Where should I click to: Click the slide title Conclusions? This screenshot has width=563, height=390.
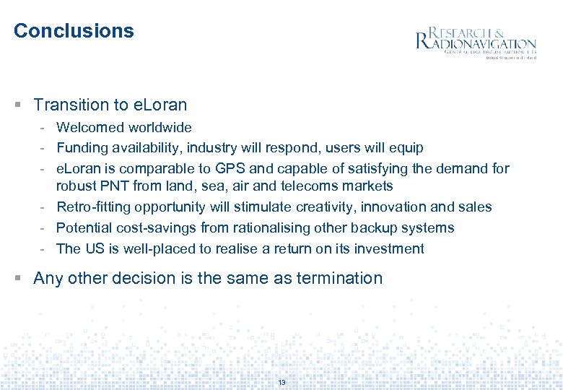pyautogui.click(x=74, y=31)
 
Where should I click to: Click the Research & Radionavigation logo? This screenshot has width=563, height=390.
pyautogui.click(x=476, y=42)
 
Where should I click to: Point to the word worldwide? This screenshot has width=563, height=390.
pyautogui.click(x=160, y=128)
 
